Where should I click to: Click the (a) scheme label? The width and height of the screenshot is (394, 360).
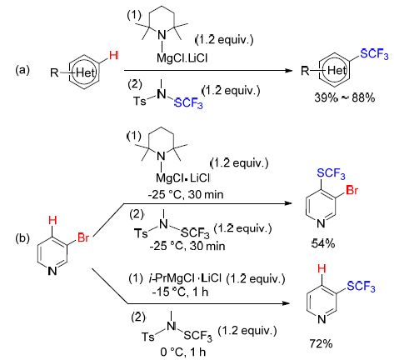(x=22, y=70)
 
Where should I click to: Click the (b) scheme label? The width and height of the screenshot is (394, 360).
(x=22, y=238)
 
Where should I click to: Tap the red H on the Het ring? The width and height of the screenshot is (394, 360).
(x=114, y=56)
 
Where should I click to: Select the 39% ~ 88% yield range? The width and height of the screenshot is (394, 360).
(x=345, y=97)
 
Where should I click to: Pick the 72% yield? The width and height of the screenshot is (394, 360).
(x=321, y=344)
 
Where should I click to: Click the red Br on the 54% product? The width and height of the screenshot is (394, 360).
(x=352, y=190)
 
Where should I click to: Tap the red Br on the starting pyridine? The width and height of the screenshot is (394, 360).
(x=83, y=237)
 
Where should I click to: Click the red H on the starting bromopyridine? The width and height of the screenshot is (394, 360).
(x=52, y=221)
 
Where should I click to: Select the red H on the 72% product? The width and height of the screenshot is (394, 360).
(x=322, y=268)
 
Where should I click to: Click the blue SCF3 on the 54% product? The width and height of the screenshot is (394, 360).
(x=331, y=173)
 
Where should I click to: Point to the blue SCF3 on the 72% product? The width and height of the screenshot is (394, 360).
(x=361, y=286)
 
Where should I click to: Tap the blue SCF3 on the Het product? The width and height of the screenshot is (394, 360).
(x=374, y=53)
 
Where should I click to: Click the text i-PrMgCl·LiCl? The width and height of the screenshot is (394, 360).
(x=185, y=278)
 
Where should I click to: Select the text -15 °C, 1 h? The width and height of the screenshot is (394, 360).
(x=180, y=292)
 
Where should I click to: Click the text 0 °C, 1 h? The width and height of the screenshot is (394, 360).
(x=183, y=352)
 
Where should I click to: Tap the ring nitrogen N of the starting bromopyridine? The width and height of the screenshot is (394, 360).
(x=52, y=271)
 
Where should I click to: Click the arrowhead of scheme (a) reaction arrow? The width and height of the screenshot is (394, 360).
(x=289, y=70)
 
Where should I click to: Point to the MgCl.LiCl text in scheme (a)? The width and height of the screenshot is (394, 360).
(x=182, y=58)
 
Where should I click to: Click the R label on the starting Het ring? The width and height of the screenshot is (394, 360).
(x=54, y=72)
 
